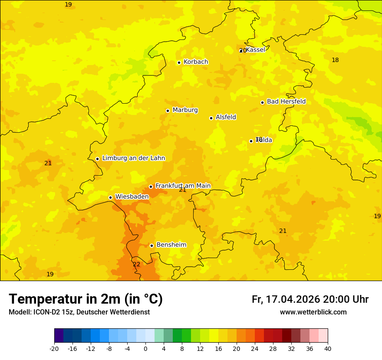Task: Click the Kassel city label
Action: [x=255, y=50]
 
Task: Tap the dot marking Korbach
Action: [x=179, y=62]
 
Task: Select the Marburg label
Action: [x=185, y=110]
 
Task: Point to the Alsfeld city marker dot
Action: [x=211, y=118]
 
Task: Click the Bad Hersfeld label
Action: [x=286, y=101]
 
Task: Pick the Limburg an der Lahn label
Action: [x=133, y=158]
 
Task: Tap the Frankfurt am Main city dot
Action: [x=151, y=187]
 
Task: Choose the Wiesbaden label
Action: [x=132, y=196]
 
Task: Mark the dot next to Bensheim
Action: [x=151, y=245]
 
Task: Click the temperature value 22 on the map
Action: [x=136, y=264]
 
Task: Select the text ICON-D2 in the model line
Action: [x=46, y=312]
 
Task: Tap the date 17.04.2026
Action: [x=293, y=299]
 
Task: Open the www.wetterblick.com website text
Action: [x=313, y=312]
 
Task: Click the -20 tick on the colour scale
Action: [x=54, y=348]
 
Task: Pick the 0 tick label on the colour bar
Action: [x=145, y=348]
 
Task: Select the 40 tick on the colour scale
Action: [x=328, y=348]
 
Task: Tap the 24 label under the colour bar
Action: [x=255, y=348]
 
